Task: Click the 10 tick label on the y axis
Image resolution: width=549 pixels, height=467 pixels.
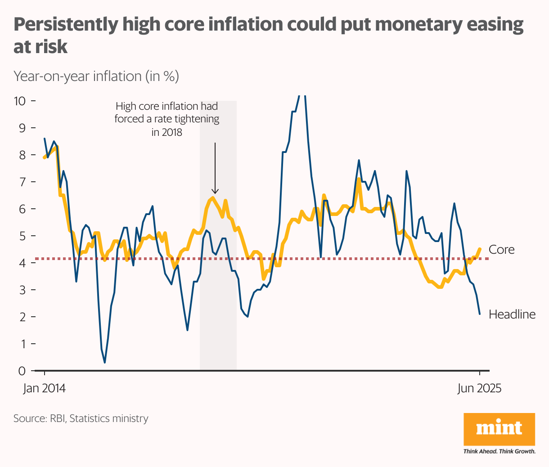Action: click(x=20, y=101)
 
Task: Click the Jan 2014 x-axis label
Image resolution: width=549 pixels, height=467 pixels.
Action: click(x=44, y=388)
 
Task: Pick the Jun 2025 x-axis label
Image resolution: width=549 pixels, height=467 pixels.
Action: click(x=479, y=388)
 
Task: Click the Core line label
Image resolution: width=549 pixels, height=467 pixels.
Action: click(x=501, y=250)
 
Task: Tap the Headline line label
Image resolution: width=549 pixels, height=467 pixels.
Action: click(x=512, y=314)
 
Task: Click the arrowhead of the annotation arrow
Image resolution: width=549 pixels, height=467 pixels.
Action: click(x=215, y=191)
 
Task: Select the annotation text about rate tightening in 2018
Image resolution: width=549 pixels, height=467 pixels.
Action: click(x=167, y=119)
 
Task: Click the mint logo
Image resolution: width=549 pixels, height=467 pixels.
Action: click(x=499, y=429)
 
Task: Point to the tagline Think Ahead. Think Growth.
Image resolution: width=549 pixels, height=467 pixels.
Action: click(x=499, y=451)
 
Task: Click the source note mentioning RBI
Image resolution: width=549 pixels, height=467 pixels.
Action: click(x=81, y=418)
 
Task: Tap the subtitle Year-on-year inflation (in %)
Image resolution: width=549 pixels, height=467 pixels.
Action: click(x=96, y=76)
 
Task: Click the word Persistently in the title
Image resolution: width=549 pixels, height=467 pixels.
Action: click(x=64, y=24)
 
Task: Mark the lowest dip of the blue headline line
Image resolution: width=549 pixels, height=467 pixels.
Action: click(x=105, y=363)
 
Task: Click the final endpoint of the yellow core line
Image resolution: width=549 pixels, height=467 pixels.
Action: click(x=480, y=249)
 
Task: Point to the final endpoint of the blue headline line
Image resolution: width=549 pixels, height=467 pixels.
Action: click(x=480, y=314)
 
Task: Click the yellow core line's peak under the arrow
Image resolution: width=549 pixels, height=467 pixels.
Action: click(x=213, y=198)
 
